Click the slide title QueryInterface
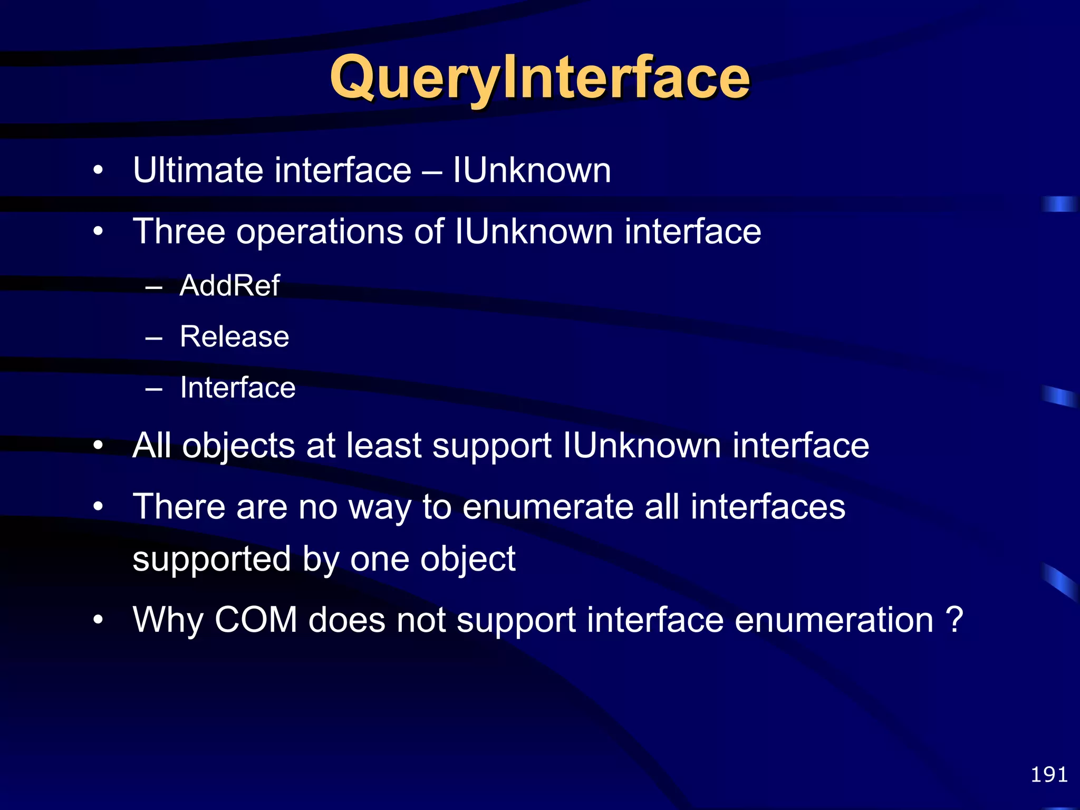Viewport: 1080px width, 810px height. pos(539,79)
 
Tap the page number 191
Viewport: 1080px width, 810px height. pos(1049,775)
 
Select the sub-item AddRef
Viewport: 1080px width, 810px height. pos(229,286)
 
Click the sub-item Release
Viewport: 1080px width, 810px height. pos(234,336)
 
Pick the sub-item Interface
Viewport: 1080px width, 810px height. pos(237,388)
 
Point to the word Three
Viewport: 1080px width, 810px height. pos(179,232)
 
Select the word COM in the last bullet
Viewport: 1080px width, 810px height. pos(256,620)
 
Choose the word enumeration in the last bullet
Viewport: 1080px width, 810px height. pos(834,620)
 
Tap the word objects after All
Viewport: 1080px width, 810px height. pos(238,446)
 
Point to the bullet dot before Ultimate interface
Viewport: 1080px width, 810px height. pos(98,171)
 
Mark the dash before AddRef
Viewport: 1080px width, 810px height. pos(153,288)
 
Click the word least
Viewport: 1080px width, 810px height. pos(384,446)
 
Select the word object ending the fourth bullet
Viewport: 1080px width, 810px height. pos(467,559)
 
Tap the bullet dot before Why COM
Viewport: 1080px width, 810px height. pos(98,620)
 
